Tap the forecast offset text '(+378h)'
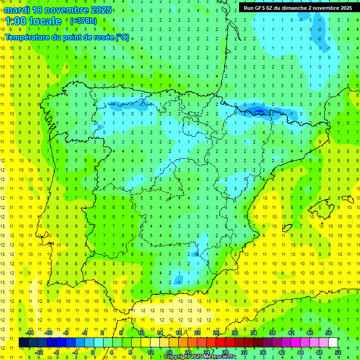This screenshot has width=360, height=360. (x=83, y=21)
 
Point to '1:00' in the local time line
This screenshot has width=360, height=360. (x=15, y=21)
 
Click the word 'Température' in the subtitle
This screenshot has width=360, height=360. (x=28, y=37)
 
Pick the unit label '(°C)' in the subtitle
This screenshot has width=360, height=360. (x=123, y=37)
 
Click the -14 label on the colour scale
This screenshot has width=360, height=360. (x=29, y=333)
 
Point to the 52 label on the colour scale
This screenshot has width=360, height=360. (x=338, y=352)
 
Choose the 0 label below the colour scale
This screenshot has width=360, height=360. (x=93, y=352)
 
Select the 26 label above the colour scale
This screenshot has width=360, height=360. (x=216, y=333)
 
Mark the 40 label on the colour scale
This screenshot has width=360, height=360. (x=282, y=352)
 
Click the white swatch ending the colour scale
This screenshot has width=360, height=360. (x=333, y=343)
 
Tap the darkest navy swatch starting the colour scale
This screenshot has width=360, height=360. (x=24, y=343)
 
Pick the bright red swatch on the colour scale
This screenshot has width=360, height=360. (x=221, y=343)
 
